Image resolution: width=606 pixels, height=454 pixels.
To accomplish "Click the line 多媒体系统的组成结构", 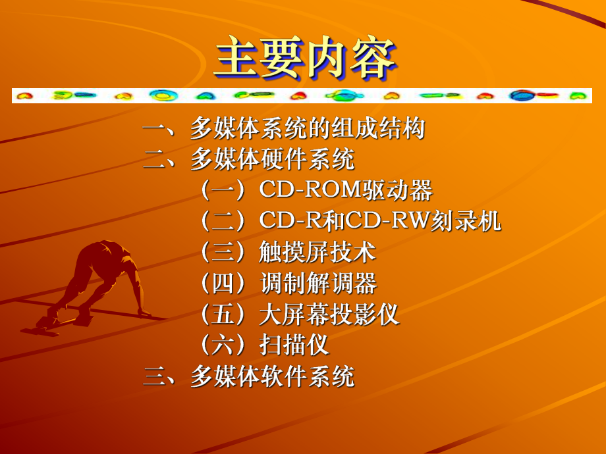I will click(308, 128).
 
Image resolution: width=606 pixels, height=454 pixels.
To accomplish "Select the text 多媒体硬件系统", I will click(272, 160).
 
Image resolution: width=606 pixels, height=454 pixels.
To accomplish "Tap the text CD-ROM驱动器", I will click(346, 191).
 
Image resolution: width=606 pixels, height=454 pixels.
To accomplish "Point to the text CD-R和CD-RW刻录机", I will click(380, 222).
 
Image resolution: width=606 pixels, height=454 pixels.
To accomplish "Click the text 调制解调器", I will click(318, 284).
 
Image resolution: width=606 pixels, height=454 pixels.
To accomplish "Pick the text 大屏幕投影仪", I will click(329, 315).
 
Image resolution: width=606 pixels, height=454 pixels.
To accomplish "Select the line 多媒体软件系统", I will click(272, 377).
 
